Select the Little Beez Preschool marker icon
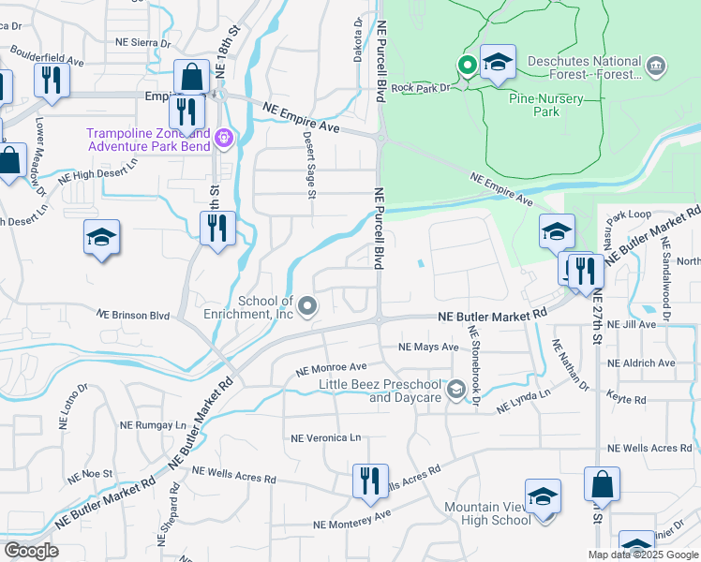tap(455, 389)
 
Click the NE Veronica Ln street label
tap(325, 437)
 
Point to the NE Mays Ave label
tap(428, 347)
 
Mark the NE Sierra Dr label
tap(142, 42)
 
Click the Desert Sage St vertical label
tap(309, 164)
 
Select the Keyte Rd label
tap(627, 400)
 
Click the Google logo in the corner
tap(31, 551)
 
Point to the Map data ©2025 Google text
tap(642, 555)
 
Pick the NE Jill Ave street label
tap(632, 324)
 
